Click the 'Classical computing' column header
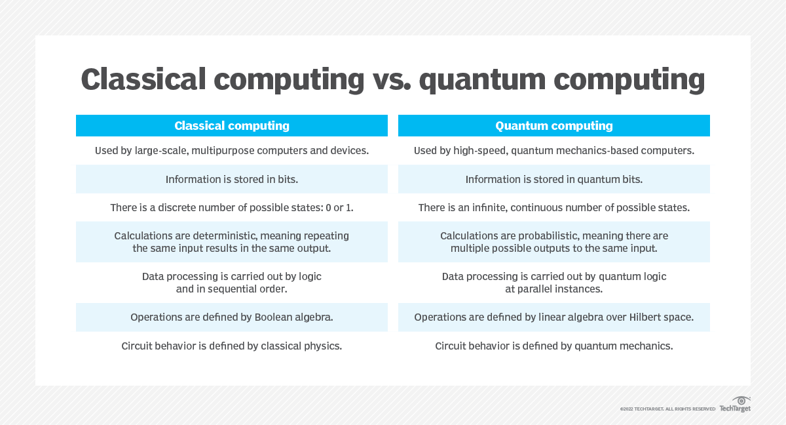[231, 126]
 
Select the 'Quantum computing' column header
[553, 126]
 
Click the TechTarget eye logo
[741, 401]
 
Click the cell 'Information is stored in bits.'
[231, 179]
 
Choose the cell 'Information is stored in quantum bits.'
[553, 179]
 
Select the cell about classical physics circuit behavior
[231, 346]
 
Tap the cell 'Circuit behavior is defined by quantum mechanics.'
[553, 346]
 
